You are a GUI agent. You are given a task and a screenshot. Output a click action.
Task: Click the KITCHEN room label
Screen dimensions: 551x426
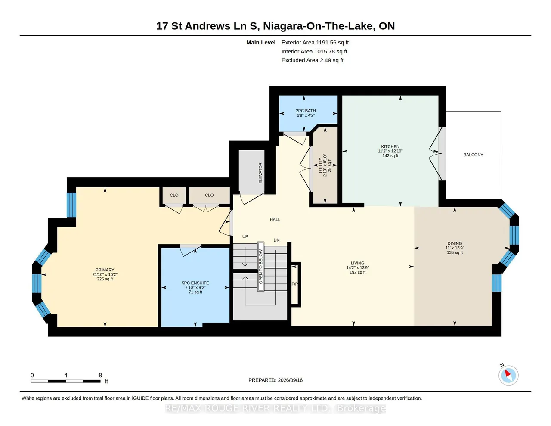(x=390, y=146)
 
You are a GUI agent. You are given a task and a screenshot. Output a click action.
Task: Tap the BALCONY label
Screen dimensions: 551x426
(x=473, y=155)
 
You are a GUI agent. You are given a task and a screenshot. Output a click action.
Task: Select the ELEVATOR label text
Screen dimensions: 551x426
(x=260, y=173)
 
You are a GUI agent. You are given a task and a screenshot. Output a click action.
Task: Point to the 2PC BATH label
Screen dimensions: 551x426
(x=306, y=111)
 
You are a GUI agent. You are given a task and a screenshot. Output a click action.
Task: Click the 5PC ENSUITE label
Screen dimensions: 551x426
(x=195, y=283)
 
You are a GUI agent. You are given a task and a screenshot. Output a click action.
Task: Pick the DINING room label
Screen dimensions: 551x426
(x=455, y=243)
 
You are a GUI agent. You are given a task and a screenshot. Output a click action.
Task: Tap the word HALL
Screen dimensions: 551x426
(x=275, y=220)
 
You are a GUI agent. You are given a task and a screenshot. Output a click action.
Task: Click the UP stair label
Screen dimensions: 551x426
(x=245, y=236)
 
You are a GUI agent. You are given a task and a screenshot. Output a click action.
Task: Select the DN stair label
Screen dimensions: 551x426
(x=276, y=240)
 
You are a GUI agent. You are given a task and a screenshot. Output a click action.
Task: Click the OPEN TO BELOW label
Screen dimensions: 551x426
(x=261, y=266)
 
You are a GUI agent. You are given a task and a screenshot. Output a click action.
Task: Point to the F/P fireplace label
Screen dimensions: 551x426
(x=294, y=284)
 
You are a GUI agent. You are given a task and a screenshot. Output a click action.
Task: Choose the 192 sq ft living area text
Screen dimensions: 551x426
(x=358, y=272)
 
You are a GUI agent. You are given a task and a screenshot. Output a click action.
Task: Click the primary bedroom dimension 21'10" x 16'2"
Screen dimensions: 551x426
(x=105, y=274)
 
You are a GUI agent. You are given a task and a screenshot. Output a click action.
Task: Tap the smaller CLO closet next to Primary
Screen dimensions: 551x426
(x=174, y=195)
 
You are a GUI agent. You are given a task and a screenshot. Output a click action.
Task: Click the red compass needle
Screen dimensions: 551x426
(x=508, y=373)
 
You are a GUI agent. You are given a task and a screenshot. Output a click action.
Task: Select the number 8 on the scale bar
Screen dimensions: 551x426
(x=100, y=375)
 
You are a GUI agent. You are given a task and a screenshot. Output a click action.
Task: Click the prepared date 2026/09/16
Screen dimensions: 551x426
(x=290, y=380)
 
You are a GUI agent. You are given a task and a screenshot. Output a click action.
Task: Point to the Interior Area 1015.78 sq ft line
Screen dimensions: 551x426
(x=314, y=52)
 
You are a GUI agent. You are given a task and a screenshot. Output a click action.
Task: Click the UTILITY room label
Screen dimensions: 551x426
(x=321, y=165)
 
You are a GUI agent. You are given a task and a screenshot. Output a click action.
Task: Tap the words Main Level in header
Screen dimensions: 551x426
(x=261, y=42)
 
